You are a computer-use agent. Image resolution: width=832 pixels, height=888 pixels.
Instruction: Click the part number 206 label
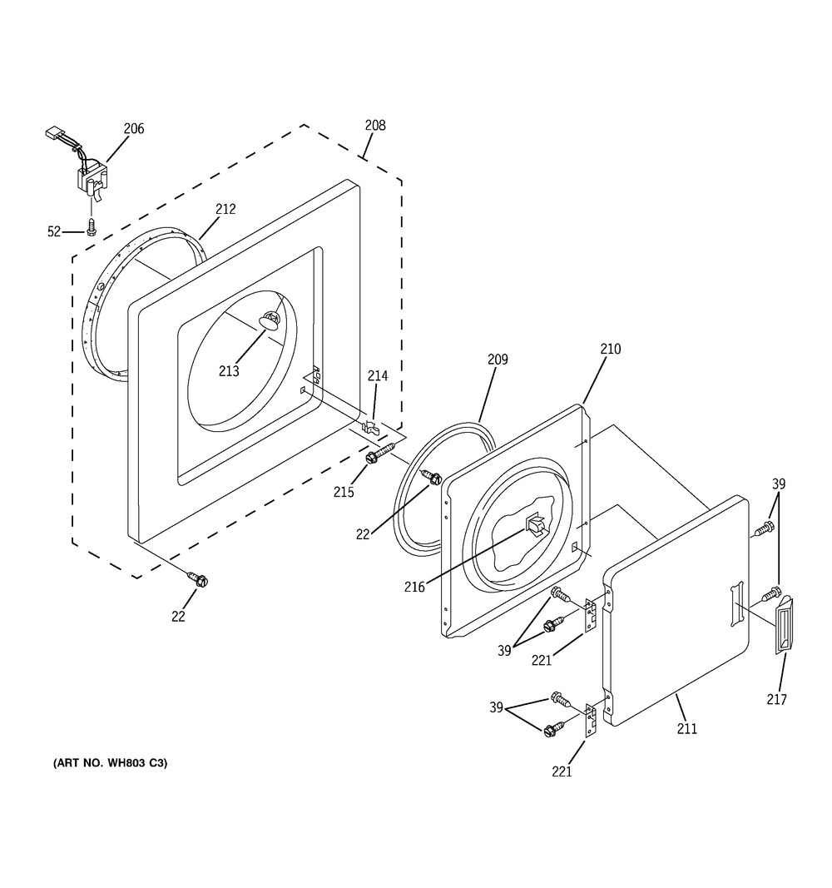tap(133, 128)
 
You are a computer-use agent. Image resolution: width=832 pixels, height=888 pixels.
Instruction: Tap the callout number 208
tap(375, 126)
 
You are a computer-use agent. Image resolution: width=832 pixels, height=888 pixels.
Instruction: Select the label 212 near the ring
tap(225, 210)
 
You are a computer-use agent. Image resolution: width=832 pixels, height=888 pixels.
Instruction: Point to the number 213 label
tap(229, 371)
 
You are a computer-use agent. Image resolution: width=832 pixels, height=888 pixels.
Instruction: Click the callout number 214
tap(378, 376)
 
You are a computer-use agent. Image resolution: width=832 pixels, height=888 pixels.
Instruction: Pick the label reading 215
tap(343, 492)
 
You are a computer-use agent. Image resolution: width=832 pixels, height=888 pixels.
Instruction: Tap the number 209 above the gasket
tap(498, 360)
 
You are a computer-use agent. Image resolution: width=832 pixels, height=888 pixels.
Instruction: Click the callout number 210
tap(610, 350)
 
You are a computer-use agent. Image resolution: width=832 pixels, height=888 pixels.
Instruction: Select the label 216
tap(414, 587)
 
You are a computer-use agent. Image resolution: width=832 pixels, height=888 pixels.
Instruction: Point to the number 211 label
tap(687, 729)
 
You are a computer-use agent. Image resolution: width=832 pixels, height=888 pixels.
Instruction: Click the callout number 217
tap(776, 700)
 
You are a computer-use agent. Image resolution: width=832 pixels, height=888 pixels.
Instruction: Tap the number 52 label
tap(54, 232)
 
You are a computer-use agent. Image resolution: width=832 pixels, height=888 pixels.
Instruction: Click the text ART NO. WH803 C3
tap(110, 762)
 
